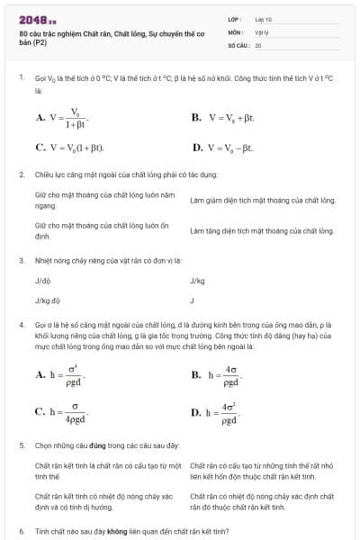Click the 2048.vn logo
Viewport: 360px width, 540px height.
tap(38, 19)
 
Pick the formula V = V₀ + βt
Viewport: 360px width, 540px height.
tap(230, 117)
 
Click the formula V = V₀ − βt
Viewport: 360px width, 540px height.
tap(230, 147)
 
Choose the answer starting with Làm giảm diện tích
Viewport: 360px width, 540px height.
tap(262, 200)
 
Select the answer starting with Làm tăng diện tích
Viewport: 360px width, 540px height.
tap(262, 231)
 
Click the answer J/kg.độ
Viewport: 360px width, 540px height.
tap(47, 300)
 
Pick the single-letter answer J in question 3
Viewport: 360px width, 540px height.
tap(193, 300)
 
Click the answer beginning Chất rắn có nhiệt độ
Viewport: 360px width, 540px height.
tap(262, 500)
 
